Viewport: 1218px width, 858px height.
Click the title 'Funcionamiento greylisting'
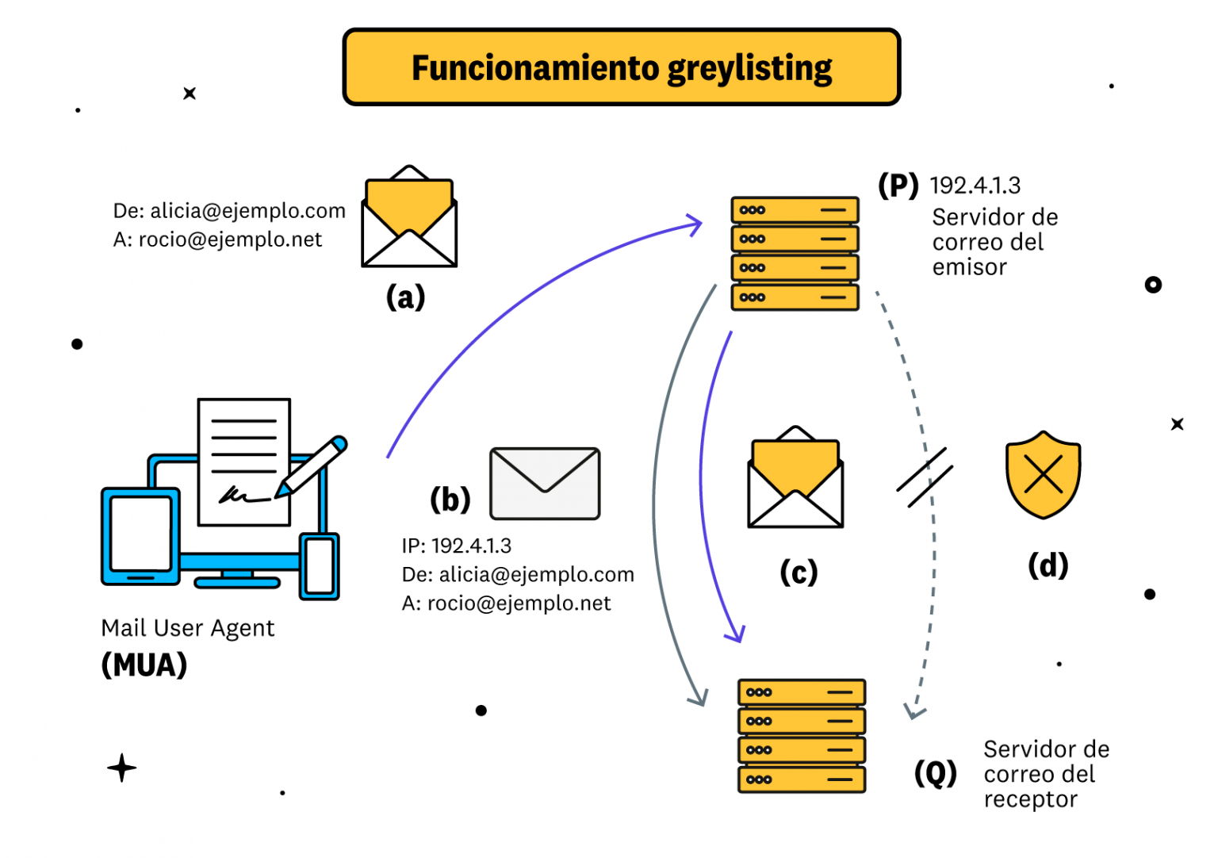point(621,68)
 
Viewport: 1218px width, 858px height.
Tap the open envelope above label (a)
point(409,218)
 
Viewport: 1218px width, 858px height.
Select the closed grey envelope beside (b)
point(545,483)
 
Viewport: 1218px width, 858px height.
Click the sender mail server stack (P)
point(795,254)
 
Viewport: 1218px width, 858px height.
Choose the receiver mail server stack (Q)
point(801,735)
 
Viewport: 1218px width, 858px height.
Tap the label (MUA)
point(144,665)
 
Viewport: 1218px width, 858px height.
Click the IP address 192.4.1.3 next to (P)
point(975,186)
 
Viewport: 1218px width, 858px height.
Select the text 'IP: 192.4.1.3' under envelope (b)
point(456,546)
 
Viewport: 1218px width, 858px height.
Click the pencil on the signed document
point(312,467)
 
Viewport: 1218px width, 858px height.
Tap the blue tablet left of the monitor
point(140,536)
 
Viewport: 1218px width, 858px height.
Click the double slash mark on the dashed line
point(924,477)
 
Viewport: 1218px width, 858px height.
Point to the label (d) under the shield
point(1048,565)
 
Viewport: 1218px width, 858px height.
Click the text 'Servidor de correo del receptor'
point(1045,773)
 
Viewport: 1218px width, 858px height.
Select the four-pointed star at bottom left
point(121,768)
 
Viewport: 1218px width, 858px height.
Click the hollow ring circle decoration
point(1153,285)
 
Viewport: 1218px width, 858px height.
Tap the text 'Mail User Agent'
point(187,628)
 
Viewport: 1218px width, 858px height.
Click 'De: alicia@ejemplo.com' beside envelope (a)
point(229,211)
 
